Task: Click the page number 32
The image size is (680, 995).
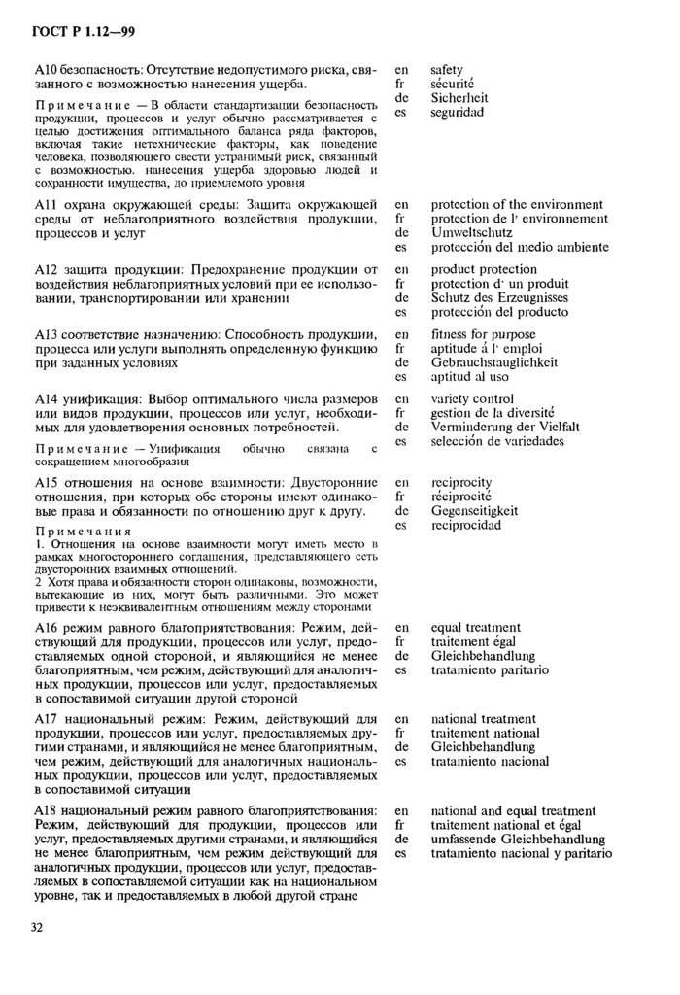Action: (36, 928)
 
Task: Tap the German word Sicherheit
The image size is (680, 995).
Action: (459, 98)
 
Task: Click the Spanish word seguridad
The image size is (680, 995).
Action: (459, 113)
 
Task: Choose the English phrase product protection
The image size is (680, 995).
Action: (484, 269)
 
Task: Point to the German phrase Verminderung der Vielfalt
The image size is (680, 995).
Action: (505, 427)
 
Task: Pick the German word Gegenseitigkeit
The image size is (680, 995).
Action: (474, 510)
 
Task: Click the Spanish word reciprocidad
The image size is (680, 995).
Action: (466, 525)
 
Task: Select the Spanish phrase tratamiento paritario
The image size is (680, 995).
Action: (490, 669)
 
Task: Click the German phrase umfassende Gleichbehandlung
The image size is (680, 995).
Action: (518, 839)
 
